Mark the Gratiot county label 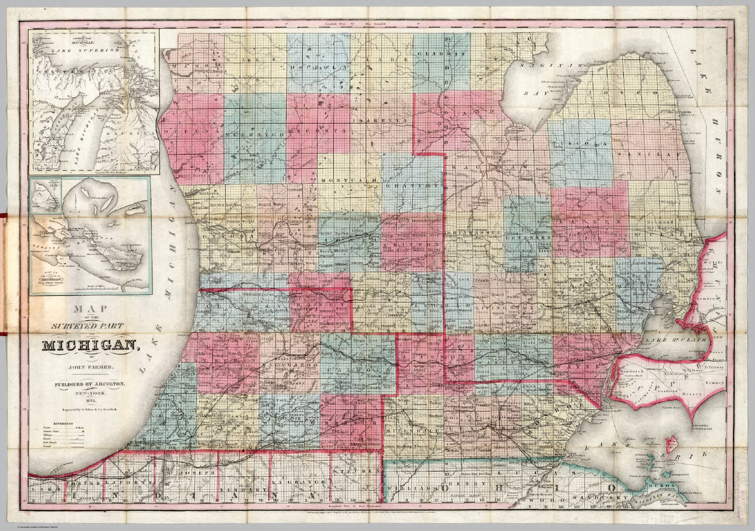(411, 187)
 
